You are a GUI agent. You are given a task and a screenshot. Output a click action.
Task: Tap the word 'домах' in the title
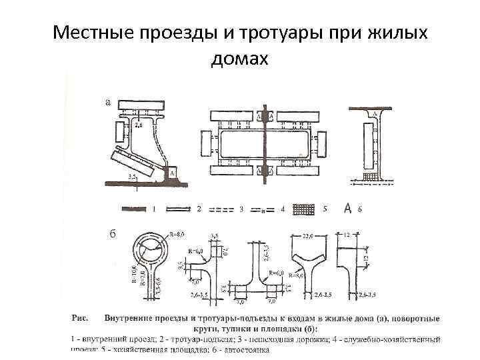[x=239, y=59]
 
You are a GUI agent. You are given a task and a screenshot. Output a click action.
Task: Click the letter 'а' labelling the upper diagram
[x=109, y=102]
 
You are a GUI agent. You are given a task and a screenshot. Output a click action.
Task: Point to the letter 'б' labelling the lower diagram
[x=113, y=234]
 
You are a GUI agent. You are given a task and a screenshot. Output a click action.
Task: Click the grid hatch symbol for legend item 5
[x=303, y=209]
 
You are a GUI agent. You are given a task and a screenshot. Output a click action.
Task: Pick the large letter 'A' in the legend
[x=347, y=209]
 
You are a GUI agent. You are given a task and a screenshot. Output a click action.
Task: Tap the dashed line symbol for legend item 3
[x=221, y=209]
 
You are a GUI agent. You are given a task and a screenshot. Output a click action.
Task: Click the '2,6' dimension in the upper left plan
[x=139, y=124]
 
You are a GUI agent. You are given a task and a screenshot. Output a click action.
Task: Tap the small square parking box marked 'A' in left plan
[x=171, y=172]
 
